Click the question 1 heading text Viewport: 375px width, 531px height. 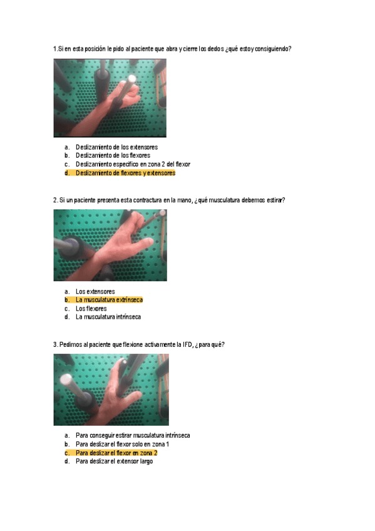coord(172,49)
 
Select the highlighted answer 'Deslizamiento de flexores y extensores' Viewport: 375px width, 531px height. coord(125,173)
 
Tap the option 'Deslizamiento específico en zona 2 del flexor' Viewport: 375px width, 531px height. coord(133,164)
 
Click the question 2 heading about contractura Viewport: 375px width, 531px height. coord(169,200)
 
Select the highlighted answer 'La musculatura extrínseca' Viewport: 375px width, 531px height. coord(109,300)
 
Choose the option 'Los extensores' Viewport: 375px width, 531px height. coord(95,291)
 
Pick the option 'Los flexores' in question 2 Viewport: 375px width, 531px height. coord(91,308)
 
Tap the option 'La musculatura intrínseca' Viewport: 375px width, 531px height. coord(108,317)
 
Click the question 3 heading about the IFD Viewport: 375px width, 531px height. coord(139,345)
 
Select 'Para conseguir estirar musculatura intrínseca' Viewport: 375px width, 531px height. coord(133,435)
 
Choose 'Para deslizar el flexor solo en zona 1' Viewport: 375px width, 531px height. coord(123,444)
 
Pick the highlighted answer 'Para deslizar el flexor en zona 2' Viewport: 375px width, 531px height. coord(116,453)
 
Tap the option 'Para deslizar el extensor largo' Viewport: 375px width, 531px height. coord(114,461)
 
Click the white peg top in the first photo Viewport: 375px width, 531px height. coord(132,78)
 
